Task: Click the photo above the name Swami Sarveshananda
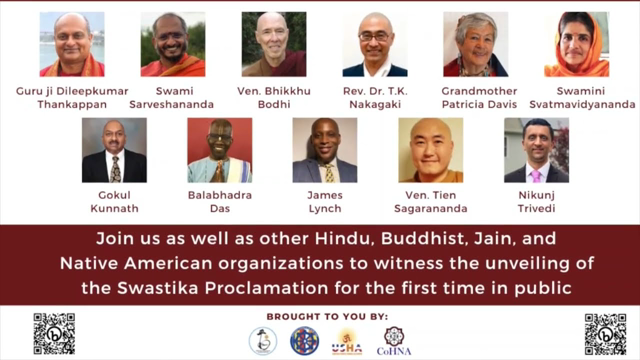(x=172, y=44)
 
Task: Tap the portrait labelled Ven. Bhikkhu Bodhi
(x=273, y=44)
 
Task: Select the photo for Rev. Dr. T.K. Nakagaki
(x=374, y=44)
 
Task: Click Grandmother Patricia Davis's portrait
(x=475, y=44)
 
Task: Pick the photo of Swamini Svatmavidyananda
(x=577, y=44)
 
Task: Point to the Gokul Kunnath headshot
(x=114, y=150)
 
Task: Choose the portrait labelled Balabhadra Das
(x=219, y=150)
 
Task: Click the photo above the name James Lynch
(x=324, y=150)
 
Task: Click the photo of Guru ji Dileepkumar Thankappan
(x=71, y=44)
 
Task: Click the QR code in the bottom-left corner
(x=54, y=334)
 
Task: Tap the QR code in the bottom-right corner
(x=605, y=334)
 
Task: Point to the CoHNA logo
(x=393, y=340)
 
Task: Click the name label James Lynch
(x=324, y=200)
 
